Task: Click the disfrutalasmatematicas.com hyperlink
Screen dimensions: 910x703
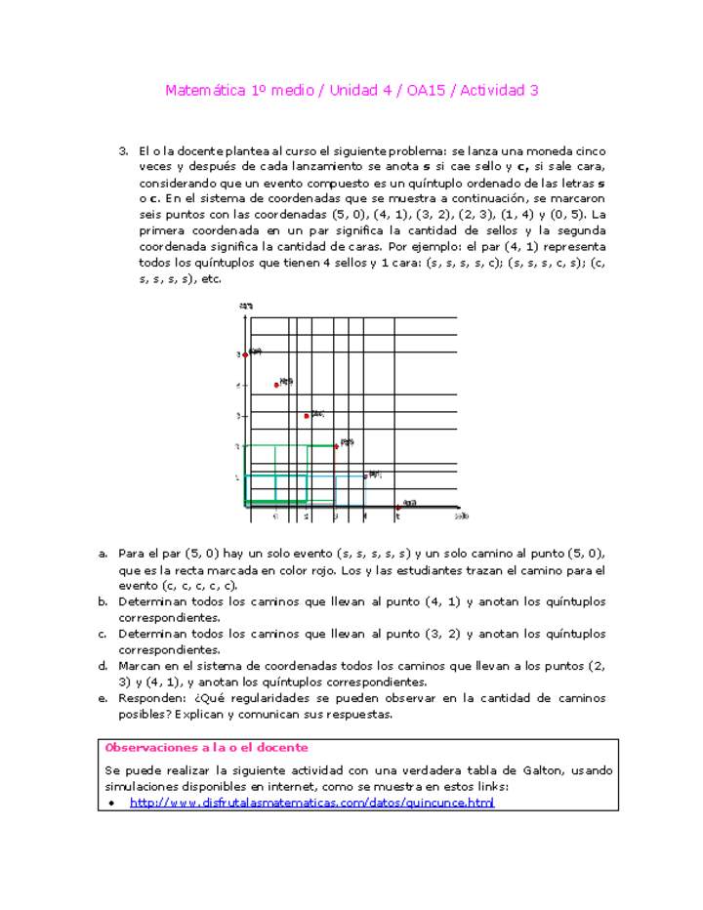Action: click(x=311, y=803)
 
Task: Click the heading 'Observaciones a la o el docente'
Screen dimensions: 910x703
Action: click(x=206, y=747)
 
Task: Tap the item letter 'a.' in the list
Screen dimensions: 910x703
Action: click(x=103, y=554)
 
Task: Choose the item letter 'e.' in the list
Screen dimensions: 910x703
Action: click(x=103, y=698)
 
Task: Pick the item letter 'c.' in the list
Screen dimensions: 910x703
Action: click(x=103, y=634)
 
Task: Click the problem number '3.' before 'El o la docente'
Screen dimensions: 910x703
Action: click(x=124, y=151)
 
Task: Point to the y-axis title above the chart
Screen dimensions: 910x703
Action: click(x=247, y=307)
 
